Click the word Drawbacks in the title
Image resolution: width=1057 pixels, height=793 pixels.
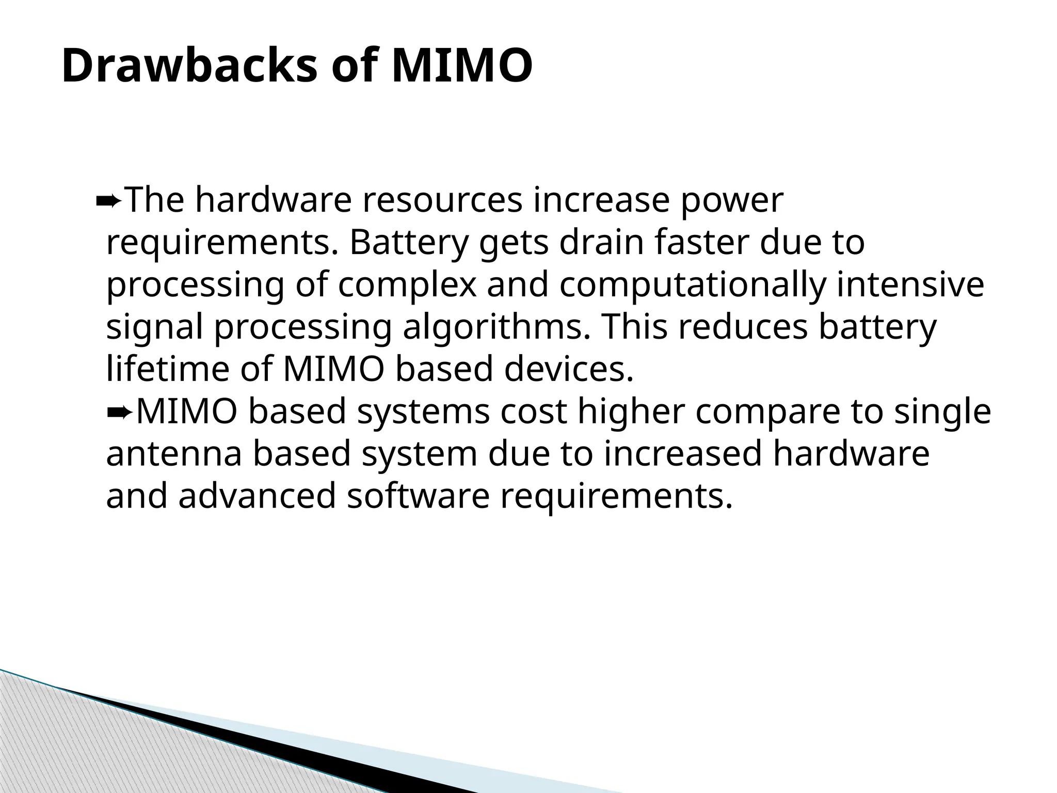click(x=189, y=66)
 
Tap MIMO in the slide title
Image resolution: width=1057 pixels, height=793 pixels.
click(x=462, y=66)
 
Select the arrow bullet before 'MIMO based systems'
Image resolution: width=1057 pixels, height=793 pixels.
click(x=120, y=412)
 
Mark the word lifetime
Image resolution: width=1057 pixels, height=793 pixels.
click(x=168, y=369)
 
